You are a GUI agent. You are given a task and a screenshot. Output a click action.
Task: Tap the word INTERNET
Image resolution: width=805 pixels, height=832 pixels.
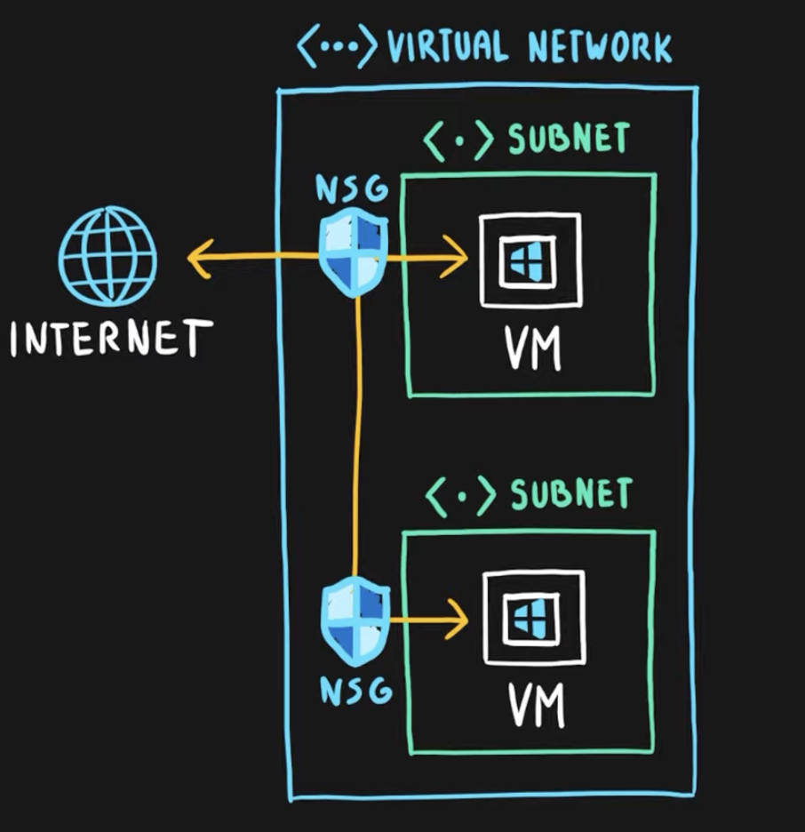(111, 339)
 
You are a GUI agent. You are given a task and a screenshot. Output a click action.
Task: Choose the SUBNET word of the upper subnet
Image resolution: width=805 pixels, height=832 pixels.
(568, 140)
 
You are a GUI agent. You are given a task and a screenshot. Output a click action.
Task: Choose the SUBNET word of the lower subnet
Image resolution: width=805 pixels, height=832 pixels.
(570, 494)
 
